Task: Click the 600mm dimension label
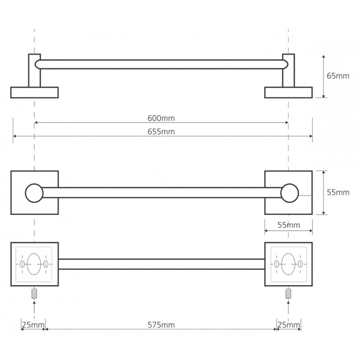(161, 118)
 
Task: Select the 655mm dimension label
(161, 132)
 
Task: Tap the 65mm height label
(338, 76)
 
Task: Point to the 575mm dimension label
(161, 325)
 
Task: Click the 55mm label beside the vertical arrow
(338, 193)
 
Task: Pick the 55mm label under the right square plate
(289, 225)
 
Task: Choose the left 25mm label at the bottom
(33, 325)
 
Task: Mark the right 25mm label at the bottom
(289, 325)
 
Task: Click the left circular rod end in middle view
(34, 193)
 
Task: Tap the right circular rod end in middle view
(290, 193)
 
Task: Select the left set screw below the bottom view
(34, 293)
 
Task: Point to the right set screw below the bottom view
(289, 293)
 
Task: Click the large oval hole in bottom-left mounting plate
(34, 264)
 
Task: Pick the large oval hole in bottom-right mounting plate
(289, 264)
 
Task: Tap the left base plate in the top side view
(34, 92)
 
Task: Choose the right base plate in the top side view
(289, 92)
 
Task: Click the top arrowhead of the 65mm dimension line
(323, 57)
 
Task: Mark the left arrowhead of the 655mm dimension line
(14, 136)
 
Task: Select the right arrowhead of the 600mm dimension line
(287, 122)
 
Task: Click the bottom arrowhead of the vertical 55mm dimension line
(323, 213)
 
